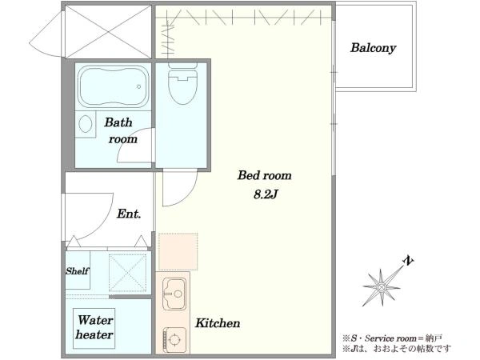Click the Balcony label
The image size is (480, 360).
click(x=373, y=48)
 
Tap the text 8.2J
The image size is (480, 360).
click(x=265, y=194)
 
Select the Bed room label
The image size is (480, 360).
click(x=265, y=175)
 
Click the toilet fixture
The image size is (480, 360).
click(x=182, y=83)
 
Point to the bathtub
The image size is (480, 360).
click(x=113, y=86)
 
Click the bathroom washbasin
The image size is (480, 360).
click(x=86, y=124)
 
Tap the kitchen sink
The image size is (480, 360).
click(x=174, y=294)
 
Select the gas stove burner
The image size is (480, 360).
click(x=174, y=339)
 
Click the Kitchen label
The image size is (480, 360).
click(x=218, y=323)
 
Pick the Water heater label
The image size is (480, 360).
click(x=94, y=327)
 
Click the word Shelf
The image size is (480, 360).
click(x=77, y=271)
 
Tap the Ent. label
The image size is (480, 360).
click(x=129, y=214)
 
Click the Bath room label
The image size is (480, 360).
click(x=121, y=130)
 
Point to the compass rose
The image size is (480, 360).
click(x=382, y=287)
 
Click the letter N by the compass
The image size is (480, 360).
click(x=408, y=261)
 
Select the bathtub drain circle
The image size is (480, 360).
click(x=138, y=86)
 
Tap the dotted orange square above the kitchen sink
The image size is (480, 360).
click(x=178, y=252)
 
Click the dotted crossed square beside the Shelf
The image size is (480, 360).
click(x=128, y=273)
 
